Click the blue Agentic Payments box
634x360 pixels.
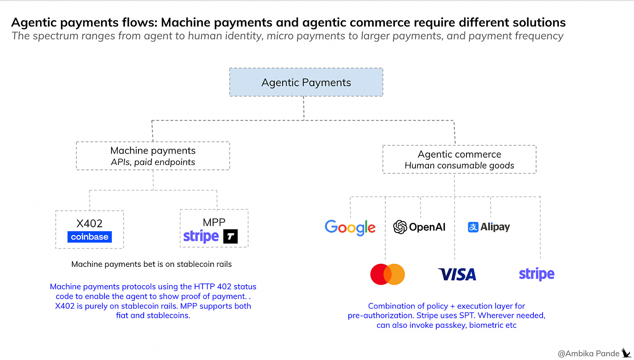[306, 82]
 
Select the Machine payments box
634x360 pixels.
[153, 156]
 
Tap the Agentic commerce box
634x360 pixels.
[459, 159]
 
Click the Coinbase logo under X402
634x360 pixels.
[90, 237]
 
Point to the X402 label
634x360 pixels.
[90, 224]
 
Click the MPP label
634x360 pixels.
[214, 222]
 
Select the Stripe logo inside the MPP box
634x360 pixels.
[201, 236]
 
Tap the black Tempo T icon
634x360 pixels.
[230, 237]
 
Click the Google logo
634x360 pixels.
[350, 227]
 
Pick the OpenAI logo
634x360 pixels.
[419, 227]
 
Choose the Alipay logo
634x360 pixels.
[489, 227]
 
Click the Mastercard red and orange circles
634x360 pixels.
[388, 274]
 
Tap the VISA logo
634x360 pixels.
[457, 274]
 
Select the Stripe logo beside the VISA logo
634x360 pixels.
[536, 274]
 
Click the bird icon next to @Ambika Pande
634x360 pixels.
[626, 352]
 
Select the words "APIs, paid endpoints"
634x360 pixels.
[153, 162]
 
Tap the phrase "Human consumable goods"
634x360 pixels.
[459, 165]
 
